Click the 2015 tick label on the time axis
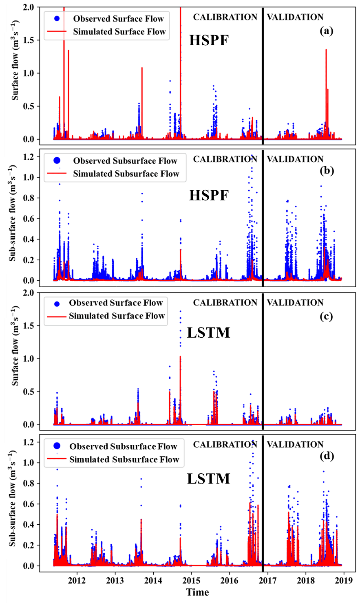pos(191,580)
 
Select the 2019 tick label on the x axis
pos(344,580)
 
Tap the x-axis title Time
pos(197,592)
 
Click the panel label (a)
pos(326,31)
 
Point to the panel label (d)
pos(327,456)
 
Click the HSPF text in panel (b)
pos(209,196)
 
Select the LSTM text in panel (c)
pos(208,333)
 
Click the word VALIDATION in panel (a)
pos(295,17)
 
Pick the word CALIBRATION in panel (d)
pos(225,444)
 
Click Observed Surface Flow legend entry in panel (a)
pos(118,19)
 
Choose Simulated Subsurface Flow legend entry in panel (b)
pos(126,174)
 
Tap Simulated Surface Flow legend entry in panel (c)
pos(117,316)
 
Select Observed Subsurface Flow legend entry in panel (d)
pos(123,446)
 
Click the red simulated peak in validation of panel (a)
pos(326,50)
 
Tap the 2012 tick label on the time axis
pos(77,580)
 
